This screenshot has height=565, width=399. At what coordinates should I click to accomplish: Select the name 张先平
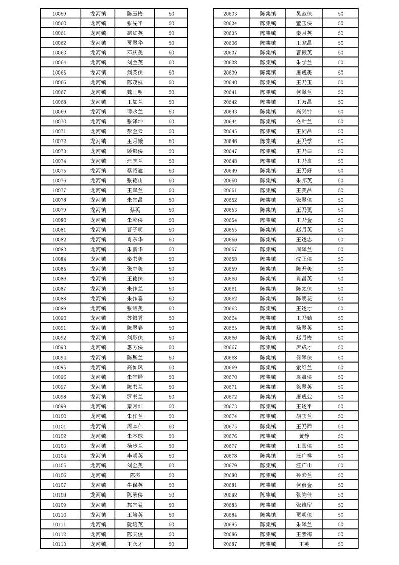[x=135, y=24]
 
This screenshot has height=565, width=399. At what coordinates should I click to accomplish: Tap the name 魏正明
[x=135, y=92]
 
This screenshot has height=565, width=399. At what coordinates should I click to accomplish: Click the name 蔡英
[x=135, y=210]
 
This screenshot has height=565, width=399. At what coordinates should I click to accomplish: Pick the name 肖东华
[x=135, y=240]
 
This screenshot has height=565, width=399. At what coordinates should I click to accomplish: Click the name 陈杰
[x=135, y=475]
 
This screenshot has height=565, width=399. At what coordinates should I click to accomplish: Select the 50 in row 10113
[x=171, y=544]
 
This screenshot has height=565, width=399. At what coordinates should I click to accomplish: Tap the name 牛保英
[x=135, y=485]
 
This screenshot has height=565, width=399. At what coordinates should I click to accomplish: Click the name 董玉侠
[x=304, y=24]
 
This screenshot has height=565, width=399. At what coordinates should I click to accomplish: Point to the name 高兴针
[x=304, y=112]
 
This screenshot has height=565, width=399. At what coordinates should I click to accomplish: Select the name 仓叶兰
[x=304, y=122]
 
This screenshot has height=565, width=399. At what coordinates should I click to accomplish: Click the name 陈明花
[x=304, y=299]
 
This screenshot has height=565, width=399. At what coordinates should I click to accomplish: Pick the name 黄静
[x=304, y=436]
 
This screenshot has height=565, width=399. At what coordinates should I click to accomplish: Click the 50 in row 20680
[x=341, y=475]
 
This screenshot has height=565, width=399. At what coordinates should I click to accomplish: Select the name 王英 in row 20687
[x=304, y=544]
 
